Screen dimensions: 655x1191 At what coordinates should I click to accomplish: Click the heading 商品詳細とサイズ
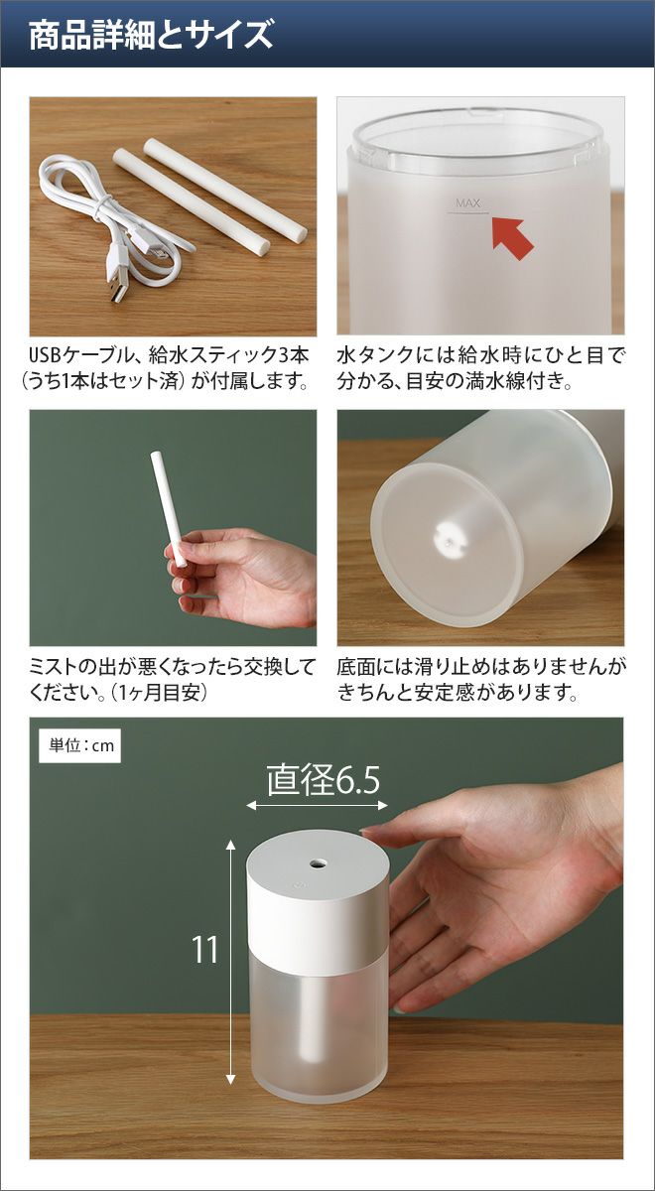pos(151,35)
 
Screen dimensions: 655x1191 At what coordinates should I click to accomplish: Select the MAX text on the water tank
pos(467,202)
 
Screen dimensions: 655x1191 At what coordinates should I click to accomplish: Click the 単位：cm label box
pos(80,745)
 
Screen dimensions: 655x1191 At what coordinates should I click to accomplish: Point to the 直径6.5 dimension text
pos(324,781)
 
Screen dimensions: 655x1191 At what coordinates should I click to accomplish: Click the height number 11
pos(204,949)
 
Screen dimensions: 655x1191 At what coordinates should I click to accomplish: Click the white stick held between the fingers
pos(169,509)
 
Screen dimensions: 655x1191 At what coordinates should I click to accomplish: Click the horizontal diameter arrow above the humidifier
pos(317,806)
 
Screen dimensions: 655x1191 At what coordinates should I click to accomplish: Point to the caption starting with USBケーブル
pos(168,368)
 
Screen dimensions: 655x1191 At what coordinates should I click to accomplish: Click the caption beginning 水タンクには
pos(480,368)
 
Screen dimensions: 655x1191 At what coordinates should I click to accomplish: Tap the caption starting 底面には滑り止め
pos(481,680)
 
